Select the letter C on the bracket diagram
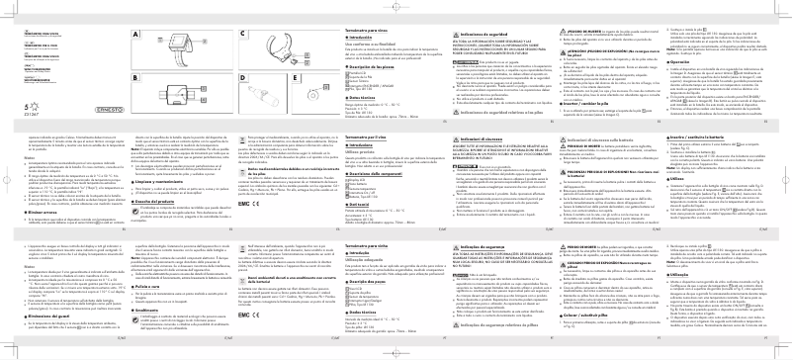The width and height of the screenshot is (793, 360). [x=241, y=34]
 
